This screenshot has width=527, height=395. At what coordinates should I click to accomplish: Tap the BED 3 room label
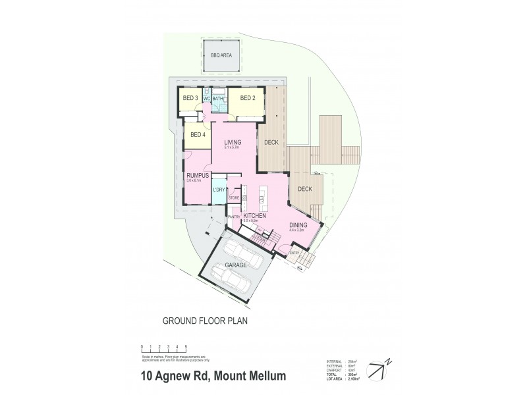[190, 99]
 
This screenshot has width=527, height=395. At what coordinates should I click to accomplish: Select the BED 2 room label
[247, 99]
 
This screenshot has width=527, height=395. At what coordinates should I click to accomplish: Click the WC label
[206, 99]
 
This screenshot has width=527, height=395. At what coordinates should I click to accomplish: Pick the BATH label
[217, 99]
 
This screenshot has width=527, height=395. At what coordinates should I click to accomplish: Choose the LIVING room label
[233, 142]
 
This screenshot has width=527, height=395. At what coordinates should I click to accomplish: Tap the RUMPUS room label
[198, 176]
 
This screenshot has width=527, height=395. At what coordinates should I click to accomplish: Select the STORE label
[233, 197]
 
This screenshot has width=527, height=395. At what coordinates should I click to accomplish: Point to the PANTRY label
[233, 216]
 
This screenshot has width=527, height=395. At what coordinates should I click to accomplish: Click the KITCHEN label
[254, 216]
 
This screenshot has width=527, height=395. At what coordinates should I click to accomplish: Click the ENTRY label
[294, 251]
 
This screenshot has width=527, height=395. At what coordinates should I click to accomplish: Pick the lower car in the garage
[229, 280]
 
